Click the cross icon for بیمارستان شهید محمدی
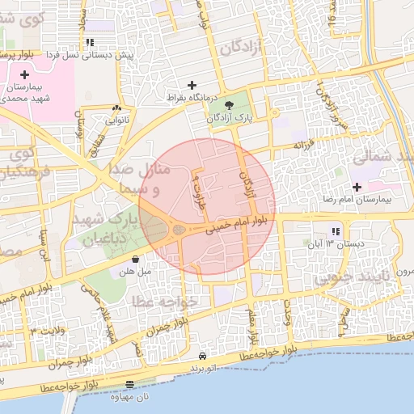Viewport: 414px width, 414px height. coord(25,74)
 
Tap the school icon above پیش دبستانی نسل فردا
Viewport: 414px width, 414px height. coord(89,42)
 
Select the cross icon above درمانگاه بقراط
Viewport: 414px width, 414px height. coord(192,84)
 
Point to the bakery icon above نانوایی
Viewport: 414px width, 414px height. coord(117,108)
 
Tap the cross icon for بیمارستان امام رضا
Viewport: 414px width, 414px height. coord(357,187)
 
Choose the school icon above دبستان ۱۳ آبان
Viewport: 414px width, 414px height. coord(336,231)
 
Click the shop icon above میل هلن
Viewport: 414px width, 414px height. coord(134,260)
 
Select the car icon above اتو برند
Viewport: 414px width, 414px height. coord(202,356)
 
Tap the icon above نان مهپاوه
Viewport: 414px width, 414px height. coord(131,385)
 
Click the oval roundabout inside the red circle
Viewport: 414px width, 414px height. coord(179,231)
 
